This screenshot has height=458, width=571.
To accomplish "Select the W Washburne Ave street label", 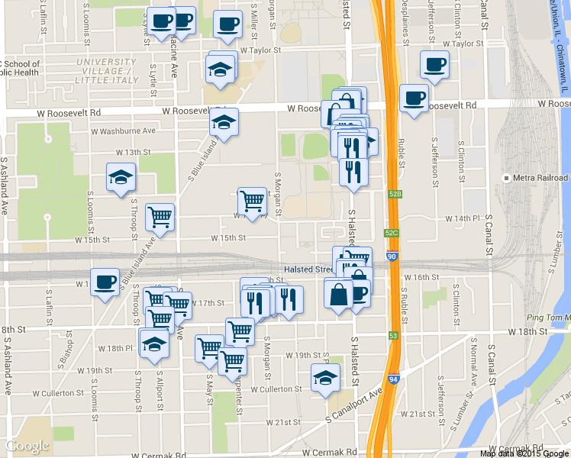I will (125, 131).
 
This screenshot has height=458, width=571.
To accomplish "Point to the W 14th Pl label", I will (466, 218).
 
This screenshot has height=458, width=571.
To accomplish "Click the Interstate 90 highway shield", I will (392, 258).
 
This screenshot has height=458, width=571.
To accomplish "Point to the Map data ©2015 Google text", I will (524, 453).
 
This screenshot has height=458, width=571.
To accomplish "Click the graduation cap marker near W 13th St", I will (121, 178).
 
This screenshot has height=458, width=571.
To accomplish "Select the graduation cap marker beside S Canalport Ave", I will (325, 377).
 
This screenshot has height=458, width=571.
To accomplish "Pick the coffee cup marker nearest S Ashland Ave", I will (105, 282).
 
